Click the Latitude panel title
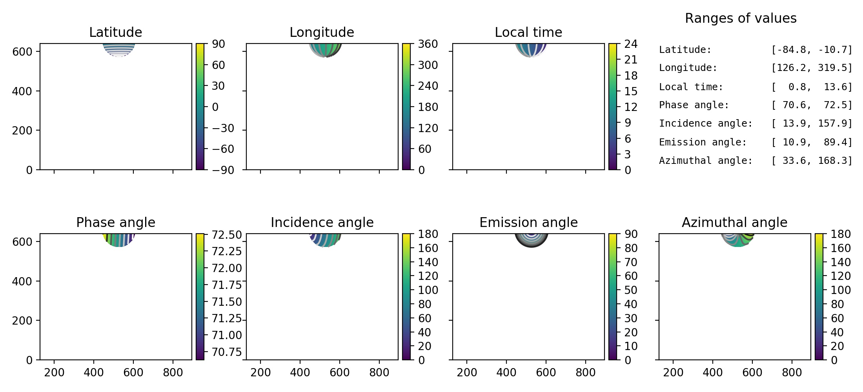coord(115,32)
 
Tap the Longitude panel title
coord(322,32)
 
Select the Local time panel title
coord(528,32)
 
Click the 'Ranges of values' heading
coord(741,18)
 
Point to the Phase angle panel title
coord(115,222)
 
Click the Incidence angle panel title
coord(322,222)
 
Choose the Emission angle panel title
coord(528,222)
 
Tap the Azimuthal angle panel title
coord(734,222)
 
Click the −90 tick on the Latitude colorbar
coord(223,170)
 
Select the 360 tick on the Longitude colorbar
coord(428,44)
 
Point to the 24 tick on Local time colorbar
coord(631,44)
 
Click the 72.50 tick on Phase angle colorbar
coord(227,235)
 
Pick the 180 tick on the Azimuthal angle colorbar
coord(841,234)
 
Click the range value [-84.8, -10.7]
coord(812,50)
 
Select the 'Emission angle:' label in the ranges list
coord(703,142)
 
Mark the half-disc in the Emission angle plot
coord(531,240)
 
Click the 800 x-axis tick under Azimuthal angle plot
coord(792,372)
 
